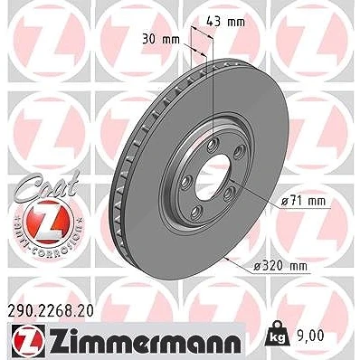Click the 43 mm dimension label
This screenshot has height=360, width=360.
(225, 22)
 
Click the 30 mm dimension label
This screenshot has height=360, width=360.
(161, 40)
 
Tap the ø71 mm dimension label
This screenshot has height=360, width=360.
(304, 202)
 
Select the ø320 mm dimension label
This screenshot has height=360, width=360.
(280, 266)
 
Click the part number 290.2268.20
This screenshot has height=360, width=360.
(50, 312)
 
